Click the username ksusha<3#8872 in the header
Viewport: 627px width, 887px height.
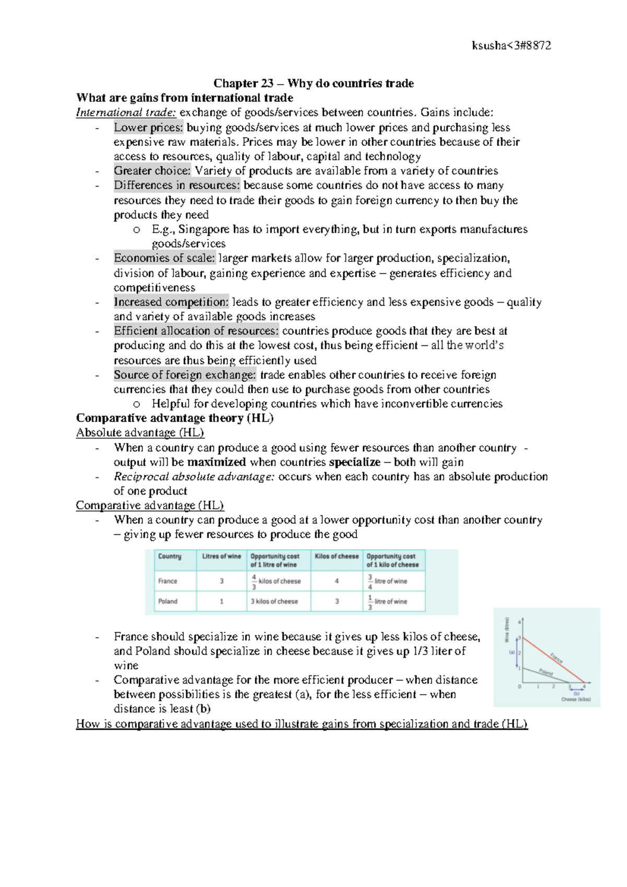tap(511, 45)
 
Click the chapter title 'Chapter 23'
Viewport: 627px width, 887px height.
tap(243, 84)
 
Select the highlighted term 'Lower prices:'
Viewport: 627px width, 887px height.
tap(148, 127)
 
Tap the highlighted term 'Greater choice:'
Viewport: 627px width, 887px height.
tap(152, 171)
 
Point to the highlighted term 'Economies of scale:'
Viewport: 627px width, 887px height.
tap(164, 258)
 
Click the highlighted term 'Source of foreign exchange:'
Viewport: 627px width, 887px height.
tap(185, 375)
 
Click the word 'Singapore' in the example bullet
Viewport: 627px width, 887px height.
tap(204, 229)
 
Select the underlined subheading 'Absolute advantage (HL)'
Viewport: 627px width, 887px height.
tap(140, 433)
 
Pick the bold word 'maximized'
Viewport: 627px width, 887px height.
tap(216, 462)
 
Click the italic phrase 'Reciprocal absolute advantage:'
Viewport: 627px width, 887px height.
tap(194, 477)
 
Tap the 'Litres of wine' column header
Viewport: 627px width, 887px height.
tap(222, 556)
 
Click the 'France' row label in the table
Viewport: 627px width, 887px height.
tap(168, 581)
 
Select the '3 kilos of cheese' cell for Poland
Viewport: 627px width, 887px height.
tap(274, 601)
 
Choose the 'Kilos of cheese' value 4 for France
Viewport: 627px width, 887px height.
tap(336, 581)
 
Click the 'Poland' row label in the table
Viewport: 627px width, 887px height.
tap(168, 601)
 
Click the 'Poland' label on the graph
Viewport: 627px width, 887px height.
tap(545, 672)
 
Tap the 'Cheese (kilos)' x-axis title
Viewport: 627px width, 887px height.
tap(576, 699)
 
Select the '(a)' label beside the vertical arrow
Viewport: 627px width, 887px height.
tap(512, 652)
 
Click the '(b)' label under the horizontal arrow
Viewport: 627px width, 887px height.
tap(576, 694)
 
